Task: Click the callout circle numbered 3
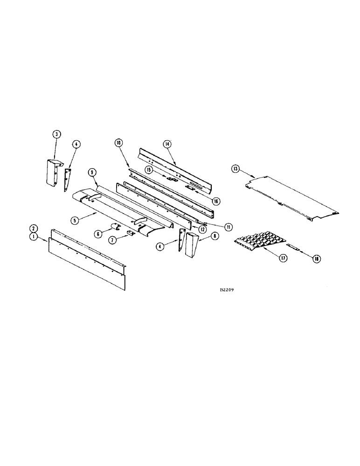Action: click(x=56, y=135)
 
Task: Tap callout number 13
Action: click(x=235, y=168)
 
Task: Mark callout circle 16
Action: click(x=215, y=201)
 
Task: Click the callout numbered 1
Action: click(x=34, y=237)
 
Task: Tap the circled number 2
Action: click(x=34, y=228)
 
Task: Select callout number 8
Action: click(x=215, y=236)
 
